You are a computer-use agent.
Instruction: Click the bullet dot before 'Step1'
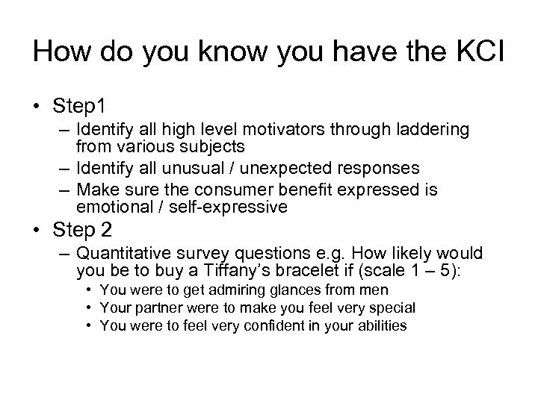point(37,104)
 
